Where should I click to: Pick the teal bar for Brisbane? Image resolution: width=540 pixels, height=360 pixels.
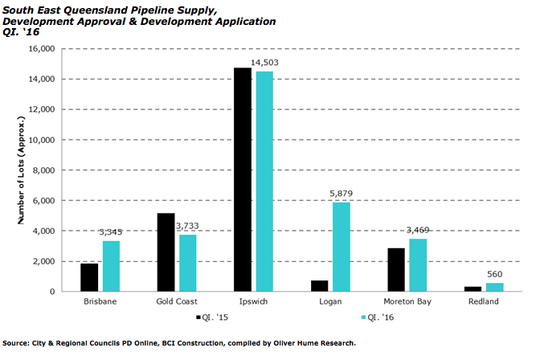click(x=111, y=266)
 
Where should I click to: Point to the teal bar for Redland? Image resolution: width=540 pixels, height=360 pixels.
click(x=495, y=287)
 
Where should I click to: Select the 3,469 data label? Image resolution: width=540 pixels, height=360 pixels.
click(x=419, y=230)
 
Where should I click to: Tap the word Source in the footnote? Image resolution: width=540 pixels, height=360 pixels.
click(x=16, y=343)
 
